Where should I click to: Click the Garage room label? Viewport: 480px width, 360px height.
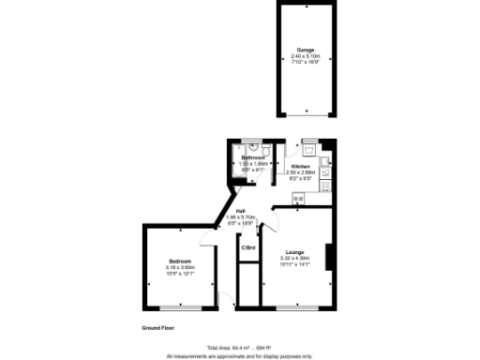[x=306, y=49]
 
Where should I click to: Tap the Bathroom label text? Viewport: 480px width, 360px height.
[x=252, y=157]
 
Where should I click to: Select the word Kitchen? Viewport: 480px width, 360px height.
[x=299, y=166]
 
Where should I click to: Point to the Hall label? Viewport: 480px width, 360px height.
[x=241, y=210]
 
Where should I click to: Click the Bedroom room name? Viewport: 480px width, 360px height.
[x=180, y=260]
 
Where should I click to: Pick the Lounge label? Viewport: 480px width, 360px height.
[x=294, y=252]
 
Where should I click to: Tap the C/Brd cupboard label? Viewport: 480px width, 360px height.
[x=248, y=248]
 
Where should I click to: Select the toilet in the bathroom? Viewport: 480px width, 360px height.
[x=266, y=150]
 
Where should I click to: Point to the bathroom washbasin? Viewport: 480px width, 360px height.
[x=250, y=146]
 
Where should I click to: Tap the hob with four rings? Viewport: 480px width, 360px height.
[x=324, y=185]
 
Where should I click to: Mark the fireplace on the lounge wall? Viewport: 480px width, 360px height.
[x=329, y=254]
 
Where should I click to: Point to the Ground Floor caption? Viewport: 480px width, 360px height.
[x=158, y=328]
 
